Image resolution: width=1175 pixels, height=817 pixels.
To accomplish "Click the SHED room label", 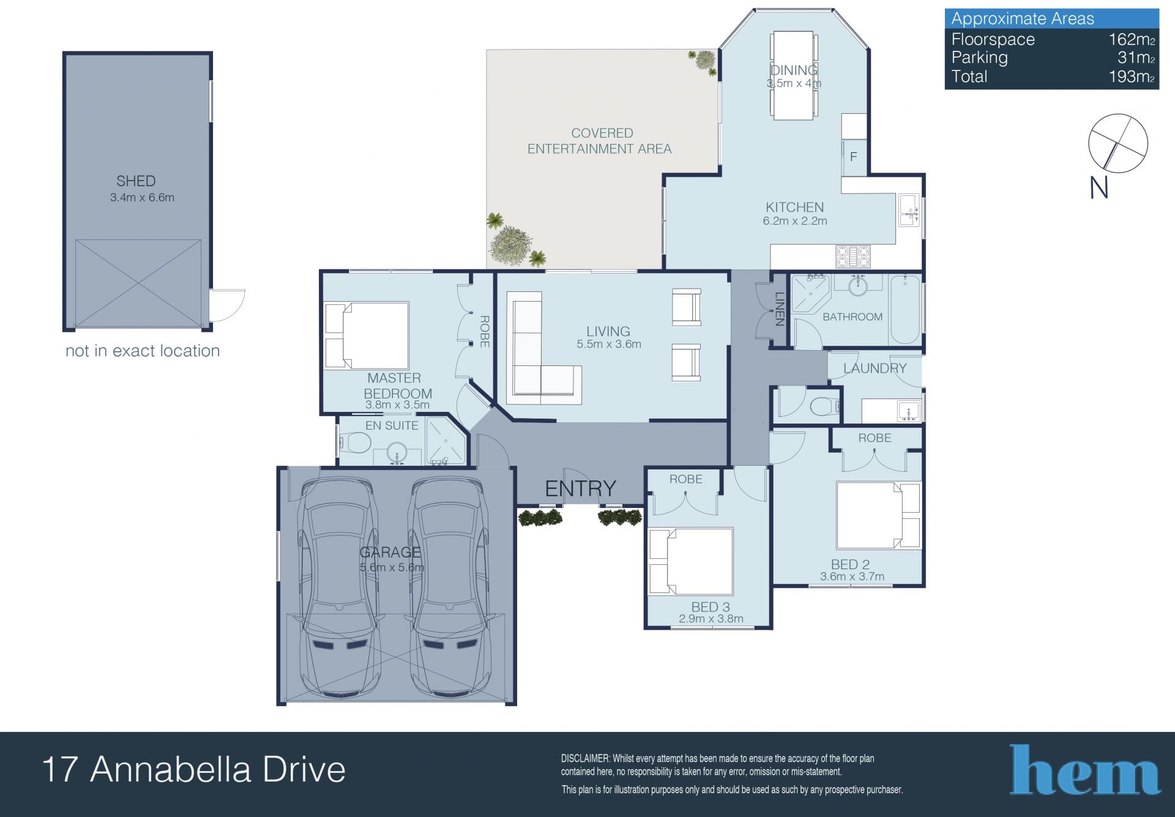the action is (x=136, y=181).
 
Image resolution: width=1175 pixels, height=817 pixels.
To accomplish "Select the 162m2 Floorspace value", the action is (x=1132, y=40).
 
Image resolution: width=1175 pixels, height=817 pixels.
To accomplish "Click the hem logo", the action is (x=1084, y=770).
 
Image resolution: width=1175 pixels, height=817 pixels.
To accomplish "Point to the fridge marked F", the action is (x=854, y=157).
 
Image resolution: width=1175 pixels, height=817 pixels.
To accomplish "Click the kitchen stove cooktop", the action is (x=852, y=256).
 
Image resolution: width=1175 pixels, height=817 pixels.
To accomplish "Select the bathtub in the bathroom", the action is (x=905, y=310).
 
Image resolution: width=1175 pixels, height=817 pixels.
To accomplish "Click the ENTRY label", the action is (x=580, y=488).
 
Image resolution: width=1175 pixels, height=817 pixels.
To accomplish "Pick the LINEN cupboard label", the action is (x=780, y=309).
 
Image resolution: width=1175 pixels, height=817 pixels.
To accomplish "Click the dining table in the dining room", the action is (x=794, y=76).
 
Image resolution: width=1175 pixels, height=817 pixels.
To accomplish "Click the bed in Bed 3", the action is (x=690, y=561).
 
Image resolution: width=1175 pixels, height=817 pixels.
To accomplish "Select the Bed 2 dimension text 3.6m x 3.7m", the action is (x=852, y=576).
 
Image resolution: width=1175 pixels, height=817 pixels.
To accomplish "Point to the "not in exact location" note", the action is (x=143, y=351).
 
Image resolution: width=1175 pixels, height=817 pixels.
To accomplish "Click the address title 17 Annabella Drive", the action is (x=194, y=770).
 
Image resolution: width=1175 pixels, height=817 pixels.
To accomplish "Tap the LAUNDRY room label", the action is (x=875, y=368).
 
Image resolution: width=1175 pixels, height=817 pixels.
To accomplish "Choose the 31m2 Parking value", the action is (x=1136, y=58).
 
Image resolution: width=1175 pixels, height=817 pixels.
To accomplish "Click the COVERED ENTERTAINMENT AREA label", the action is (x=600, y=141).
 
